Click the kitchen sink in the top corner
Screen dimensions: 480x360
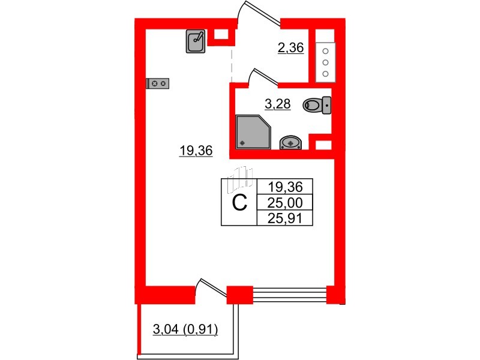196,41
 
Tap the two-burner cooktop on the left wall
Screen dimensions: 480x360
158,83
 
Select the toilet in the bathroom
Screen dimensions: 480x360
317,106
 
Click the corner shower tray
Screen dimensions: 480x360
253,132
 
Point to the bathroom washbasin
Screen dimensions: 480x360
290,143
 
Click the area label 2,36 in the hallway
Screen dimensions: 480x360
290,48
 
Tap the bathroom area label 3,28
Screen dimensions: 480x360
278,104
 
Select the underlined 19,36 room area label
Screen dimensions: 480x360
196,151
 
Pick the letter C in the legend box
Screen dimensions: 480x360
239,203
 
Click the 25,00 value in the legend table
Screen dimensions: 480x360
284,202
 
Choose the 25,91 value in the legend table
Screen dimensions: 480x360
284,218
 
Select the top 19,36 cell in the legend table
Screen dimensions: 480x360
284,187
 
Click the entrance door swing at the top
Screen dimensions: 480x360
259,13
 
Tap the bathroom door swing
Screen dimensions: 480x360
263,77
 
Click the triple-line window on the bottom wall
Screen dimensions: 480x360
290,294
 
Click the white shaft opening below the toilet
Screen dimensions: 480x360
323,145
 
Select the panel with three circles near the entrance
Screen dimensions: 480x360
325,62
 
